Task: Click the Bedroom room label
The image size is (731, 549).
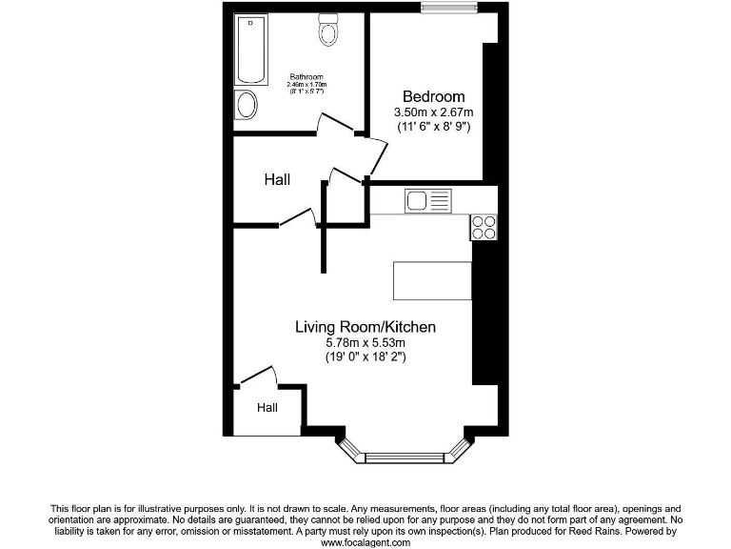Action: tap(433, 96)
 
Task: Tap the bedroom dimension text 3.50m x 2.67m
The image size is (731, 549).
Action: tap(433, 112)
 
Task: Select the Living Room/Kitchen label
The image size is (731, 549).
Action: tap(365, 327)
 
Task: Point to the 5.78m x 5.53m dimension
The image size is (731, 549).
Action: tap(365, 342)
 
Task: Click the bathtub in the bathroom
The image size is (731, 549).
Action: tap(252, 50)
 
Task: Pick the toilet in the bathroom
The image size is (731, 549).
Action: tap(329, 30)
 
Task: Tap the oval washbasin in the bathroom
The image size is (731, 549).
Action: tap(247, 105)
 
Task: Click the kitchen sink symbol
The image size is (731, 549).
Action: tap(427, 200)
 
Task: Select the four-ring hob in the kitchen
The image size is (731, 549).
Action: tap(484, 227)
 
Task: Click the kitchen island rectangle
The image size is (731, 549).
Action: tap(433, 280)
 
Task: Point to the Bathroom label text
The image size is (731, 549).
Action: tap(306, 77)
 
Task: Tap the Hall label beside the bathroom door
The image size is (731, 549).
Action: tap(278, 179)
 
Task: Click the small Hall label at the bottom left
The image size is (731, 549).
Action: tap(267, 408)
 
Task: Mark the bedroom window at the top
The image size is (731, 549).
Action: tap(450, 10)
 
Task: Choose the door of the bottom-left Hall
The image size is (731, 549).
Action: tap(257, 375)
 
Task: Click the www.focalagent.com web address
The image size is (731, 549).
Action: tap(365, 541)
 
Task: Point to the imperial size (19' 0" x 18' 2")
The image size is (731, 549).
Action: tap(365, 356)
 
